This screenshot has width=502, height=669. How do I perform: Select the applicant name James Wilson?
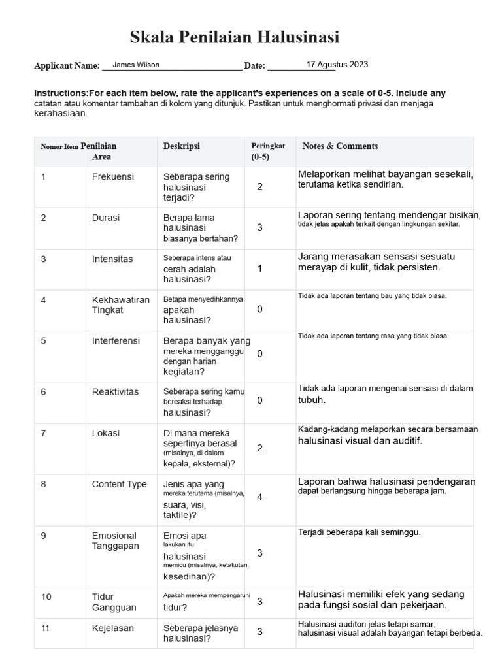pos(136,65)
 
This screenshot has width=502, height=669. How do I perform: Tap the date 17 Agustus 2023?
pos(337,64)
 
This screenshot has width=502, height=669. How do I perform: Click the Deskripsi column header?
pos(181,146)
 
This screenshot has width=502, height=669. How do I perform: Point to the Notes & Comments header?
pos(340,146)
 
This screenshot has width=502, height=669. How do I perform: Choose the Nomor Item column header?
pos(59,146)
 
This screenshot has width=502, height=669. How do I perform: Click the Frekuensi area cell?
pos(112,176)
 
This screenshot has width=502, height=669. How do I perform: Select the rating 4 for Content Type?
pos(259,497)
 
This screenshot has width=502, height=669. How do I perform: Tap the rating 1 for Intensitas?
pos(259,268)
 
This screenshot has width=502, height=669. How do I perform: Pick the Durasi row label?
pos(106,218)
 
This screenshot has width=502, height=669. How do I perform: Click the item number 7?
pos(44,433)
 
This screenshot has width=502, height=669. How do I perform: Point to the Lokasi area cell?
pos(105,433)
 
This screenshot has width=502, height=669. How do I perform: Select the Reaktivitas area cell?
pos(115,392)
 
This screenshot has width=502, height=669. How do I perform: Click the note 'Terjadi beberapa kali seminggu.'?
pos(360,532)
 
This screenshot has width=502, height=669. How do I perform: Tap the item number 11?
pos(46,628)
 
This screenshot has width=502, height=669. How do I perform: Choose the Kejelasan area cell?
pos(113,628)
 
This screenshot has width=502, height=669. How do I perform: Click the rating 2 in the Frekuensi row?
pos(259,187)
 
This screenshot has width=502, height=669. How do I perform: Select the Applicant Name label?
pos(67,66)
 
